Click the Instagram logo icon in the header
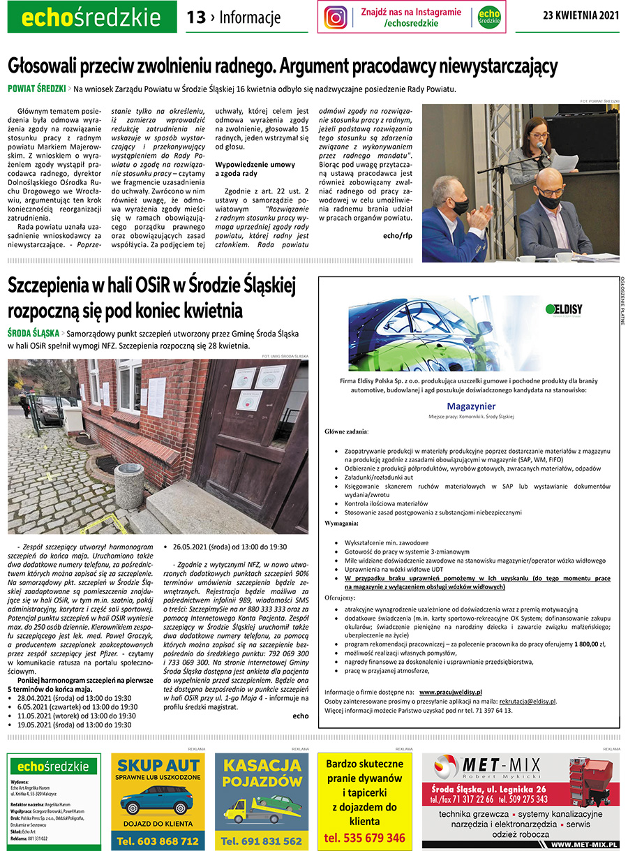click(x=336, y=17)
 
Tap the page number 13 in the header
click(x=196, y=17)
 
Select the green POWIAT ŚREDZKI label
click(x=36, y=89)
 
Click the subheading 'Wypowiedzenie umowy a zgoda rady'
click(x=246, y=168)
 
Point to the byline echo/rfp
click(x=398, y=235)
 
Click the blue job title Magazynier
click(x=471, y=406)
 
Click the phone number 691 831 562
click(x=262, y=841)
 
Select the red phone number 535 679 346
click(x=364, y=838)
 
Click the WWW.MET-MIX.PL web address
click(x=584, y=845)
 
